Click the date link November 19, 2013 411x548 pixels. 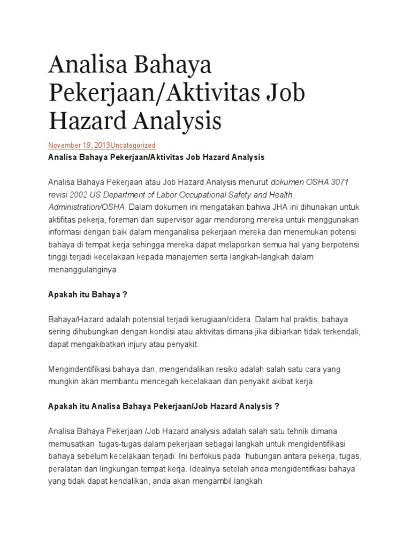click(x=79, y=145)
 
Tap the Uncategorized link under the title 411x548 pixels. click(x=133, y=145)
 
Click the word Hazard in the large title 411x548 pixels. click(x=80, y=120)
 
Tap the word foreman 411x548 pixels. click(x=133, y=220)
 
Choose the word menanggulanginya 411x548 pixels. click(x=82, y=270)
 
